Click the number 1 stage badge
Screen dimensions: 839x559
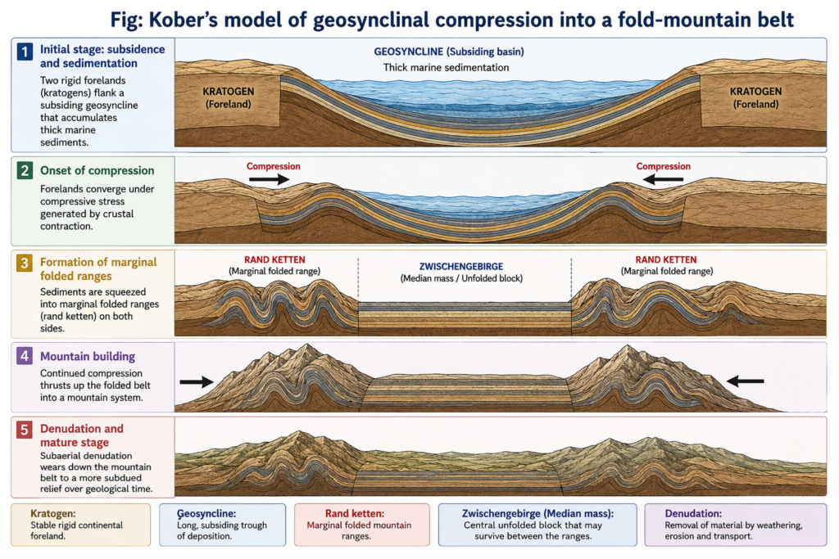coord(25,52)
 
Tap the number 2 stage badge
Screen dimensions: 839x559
coord(25,171)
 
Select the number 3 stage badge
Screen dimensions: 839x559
coord(25,264)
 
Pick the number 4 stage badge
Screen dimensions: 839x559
coord(25,356)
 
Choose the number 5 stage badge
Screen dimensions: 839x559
coord(25,430)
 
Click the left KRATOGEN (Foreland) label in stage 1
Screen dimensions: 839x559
coord(229,97)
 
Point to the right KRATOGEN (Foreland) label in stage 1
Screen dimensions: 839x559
coord(755,97)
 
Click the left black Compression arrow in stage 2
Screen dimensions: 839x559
coord(269,179)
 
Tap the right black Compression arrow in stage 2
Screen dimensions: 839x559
coord(663,180)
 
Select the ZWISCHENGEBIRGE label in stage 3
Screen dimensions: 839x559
coord(461,266)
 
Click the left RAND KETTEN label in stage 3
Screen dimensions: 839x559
coord(274,259)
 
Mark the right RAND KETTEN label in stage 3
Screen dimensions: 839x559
coord(666,259)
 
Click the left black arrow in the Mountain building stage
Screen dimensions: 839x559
coord(197,381)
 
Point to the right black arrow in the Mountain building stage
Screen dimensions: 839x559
coord(746,381)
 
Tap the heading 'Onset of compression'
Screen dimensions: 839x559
coord(98,170)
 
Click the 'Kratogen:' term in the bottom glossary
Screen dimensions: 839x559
coord(53,513)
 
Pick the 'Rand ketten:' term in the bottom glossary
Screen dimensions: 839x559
coord(355,513)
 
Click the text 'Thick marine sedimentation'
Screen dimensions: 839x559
coord(447,67)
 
